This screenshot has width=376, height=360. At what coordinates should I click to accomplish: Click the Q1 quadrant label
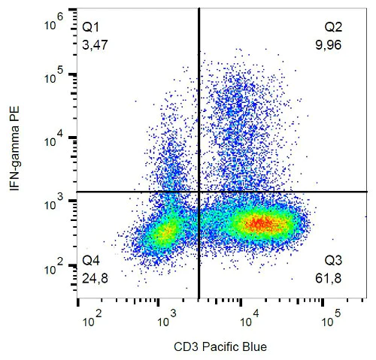(91, 26)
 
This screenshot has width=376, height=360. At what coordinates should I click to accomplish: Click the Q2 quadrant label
(333, 26)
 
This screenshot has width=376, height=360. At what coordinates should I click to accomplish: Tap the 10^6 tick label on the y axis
(54, 26)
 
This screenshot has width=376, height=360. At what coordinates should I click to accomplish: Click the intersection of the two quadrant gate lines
(199, 192)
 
